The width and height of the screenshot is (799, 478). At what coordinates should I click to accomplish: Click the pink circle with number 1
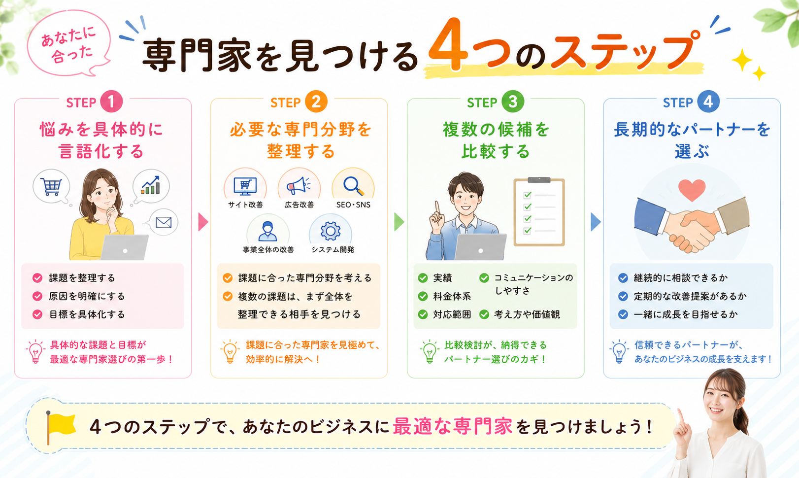[x=111, y=102]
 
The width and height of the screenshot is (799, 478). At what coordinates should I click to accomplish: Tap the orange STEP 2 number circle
[x=316, y=102]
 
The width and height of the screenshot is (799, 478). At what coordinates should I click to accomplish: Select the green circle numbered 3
[x=513, y=102]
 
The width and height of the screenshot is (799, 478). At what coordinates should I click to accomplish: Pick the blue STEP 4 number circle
[x=708, y=102]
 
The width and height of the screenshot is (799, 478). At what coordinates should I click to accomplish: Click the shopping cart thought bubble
[x=51, y=187]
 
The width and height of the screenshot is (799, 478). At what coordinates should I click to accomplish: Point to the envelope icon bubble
[x=164, y=223]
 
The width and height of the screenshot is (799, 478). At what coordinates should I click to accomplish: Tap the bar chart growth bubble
[x=151, y=186]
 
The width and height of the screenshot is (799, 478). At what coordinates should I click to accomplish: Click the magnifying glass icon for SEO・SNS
[x=353, y=185]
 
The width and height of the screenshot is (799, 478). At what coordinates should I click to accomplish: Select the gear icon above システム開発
[x=331, y=231]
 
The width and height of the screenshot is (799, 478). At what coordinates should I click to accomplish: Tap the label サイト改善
[x=245, y=205]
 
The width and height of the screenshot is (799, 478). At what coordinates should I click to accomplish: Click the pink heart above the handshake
[x=692, y=190]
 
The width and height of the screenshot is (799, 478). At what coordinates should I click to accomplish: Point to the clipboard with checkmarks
[x=539, y=212]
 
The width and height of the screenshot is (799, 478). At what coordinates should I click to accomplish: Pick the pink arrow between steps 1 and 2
[x=203, y=222]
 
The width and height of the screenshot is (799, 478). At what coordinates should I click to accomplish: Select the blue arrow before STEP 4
[x=596, y=222]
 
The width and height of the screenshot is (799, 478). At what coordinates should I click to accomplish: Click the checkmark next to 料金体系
[x=423, y=296]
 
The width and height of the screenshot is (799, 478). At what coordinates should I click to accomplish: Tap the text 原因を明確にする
[x=87, y=296]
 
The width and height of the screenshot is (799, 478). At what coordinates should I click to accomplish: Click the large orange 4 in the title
[x=448, y=44]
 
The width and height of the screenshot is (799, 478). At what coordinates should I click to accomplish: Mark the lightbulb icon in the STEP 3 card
[x=429, y=351]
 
